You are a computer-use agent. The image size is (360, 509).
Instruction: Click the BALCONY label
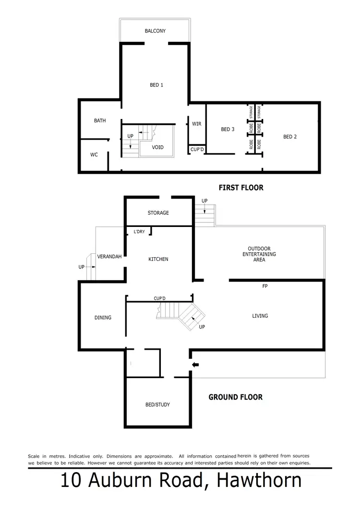tap(155, 31)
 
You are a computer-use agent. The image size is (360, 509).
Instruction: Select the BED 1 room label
tap(156, 85)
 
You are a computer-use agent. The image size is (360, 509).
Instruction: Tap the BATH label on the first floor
tap(100, 121)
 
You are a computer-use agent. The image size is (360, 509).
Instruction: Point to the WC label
tap(94, 155)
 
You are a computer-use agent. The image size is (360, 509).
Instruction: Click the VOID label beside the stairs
tap(157, 147)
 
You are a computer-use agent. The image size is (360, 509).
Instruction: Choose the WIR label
tap(196, 124)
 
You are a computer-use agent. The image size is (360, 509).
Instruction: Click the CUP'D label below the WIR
tap(197, 150)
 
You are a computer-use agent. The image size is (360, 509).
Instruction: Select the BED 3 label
tap(228, 130)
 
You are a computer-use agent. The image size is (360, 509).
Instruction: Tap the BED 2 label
tap(290, 137)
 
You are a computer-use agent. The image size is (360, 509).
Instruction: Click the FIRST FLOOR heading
tap(241, 188)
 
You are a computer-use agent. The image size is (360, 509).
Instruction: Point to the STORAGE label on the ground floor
tap(158, 213)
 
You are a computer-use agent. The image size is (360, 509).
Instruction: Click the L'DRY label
tap(139, 232)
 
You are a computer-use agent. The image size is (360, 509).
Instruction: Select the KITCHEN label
tap(158, 260)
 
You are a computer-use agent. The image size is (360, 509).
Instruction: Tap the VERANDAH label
tap(108, 257)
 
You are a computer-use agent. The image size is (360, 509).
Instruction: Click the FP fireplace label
tap(264, 286)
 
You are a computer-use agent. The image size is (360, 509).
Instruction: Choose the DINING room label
tap(103, 318)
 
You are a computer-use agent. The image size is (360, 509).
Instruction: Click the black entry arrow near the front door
tap(195, 365)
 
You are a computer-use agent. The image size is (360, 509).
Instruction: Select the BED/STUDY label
tap(157, 405)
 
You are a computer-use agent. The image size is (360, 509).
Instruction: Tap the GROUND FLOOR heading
tap(235, 397)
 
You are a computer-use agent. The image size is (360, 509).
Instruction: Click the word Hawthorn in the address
tap(259, 481)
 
